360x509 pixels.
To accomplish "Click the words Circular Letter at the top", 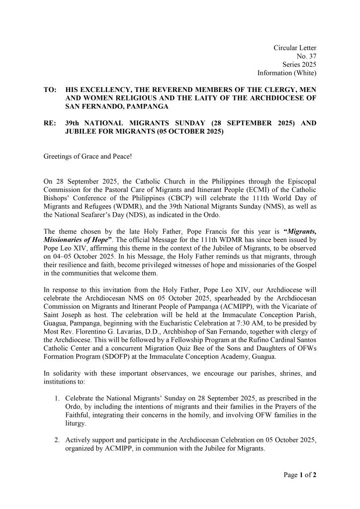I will tap(295, 47).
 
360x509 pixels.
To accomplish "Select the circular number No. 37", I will tap(306, 56).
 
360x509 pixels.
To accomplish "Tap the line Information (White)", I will tap(287, 73).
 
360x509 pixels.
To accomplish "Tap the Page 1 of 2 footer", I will tap(297, 475).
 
